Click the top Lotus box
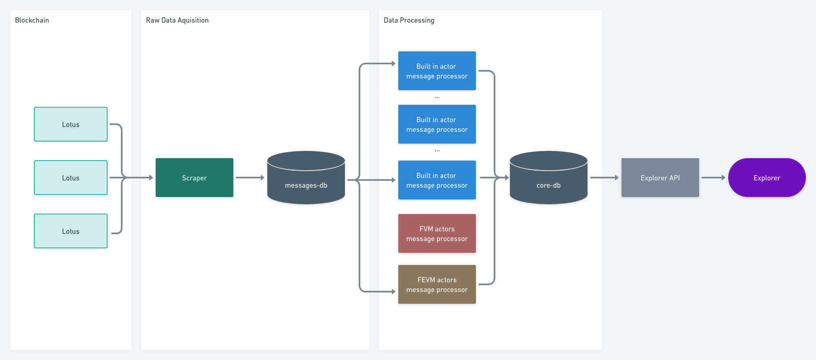(71, 124)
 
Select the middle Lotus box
(71, 178)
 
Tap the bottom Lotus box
(71, 231)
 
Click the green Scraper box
(194, 178)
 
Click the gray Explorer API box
(660, 178)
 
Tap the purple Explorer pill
(767, 178)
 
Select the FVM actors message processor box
(437, 233)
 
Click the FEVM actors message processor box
(437, 284)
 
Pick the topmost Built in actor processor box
(437, 71)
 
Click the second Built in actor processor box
(437, 124)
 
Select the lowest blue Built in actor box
(437, 180)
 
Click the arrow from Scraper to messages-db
(249, 178)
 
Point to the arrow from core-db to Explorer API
(604, 178)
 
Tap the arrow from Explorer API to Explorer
(713, 178)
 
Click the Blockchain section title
(32, 20)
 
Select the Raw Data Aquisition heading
(177, 20)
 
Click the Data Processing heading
(409, 20)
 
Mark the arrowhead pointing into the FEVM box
(393, 291)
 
